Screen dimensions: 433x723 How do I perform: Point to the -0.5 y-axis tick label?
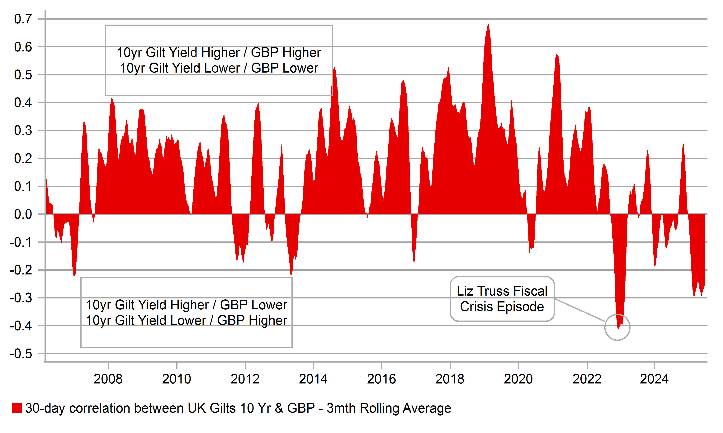pos(21,354)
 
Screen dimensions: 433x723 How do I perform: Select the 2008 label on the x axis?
pos(108,379)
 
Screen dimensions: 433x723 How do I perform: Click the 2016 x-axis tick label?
pos(381,379)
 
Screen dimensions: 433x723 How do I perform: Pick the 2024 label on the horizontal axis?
pos(654,379)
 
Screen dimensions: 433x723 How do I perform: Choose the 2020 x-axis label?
pos(518,379)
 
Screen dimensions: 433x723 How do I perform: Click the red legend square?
pos(17,408)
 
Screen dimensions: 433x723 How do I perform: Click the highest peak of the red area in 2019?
pos(489,25)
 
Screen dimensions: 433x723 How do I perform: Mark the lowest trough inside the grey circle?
pos(618,328)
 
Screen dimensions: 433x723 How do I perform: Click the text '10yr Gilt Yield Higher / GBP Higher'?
pos(219,53)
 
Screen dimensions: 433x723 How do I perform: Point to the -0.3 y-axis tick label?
pos(21,298)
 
